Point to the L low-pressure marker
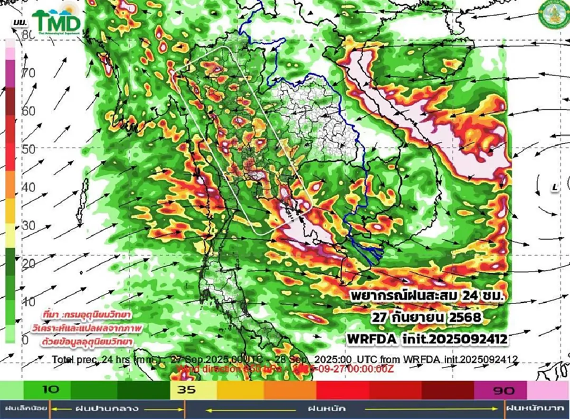tap(554, 188)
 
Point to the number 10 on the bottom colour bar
tap(50, 390)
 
